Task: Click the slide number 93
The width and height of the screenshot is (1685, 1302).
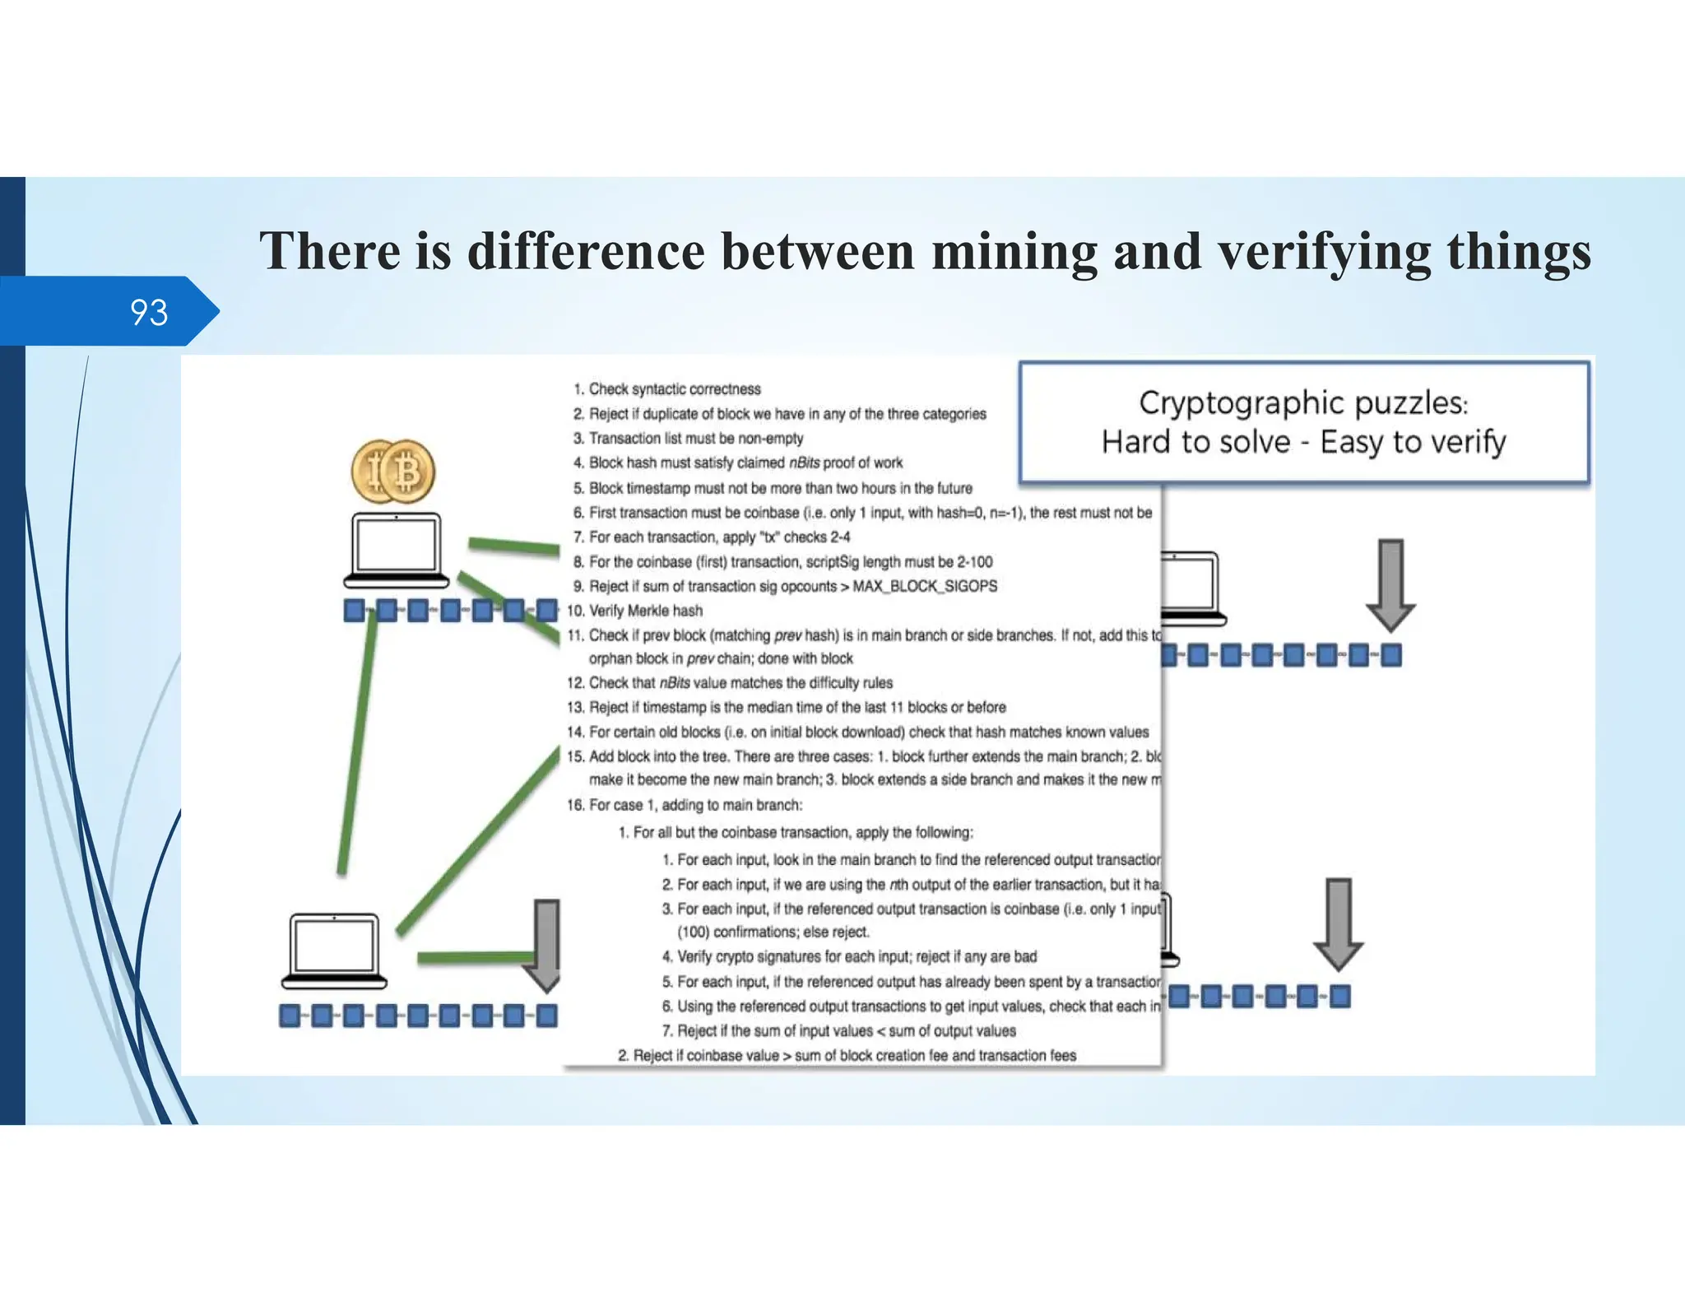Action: (x=149, y=313)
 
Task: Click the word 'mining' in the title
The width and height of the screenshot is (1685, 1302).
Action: (x=1014, y=251)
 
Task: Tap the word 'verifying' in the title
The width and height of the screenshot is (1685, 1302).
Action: (x=1324, y=251)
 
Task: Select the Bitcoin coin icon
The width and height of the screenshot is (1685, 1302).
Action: (x=393, y=472)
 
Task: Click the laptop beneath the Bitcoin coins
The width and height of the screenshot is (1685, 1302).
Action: (x=396, y=549)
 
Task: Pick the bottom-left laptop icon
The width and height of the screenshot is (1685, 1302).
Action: (x=334, y=950)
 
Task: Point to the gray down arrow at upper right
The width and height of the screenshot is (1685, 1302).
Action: (x=1390, y=584)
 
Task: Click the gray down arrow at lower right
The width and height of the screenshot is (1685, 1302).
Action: (x=1339, y=923)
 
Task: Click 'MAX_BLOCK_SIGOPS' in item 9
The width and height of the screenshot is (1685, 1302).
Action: (x=925, y=586)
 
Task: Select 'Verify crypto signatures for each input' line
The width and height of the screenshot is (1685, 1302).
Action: (x=856, y=956)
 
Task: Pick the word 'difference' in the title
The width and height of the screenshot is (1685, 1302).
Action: (x=586, y=251)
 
